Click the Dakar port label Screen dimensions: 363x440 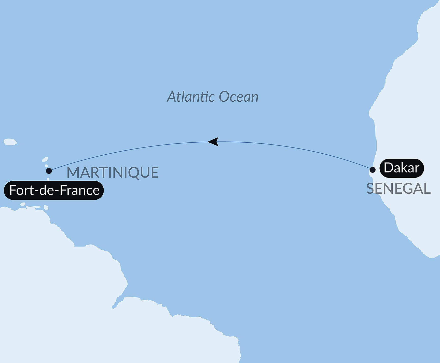pos(402,168)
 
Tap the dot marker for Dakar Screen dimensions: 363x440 pos(372,170)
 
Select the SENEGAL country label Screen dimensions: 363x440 pos(398,189)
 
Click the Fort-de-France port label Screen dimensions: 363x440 pos(54,190)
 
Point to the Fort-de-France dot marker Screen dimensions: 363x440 pos(49,171)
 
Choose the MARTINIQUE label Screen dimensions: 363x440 pos(113,172)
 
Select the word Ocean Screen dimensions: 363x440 pos(238,97)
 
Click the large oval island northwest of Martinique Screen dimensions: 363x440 pos(10,142)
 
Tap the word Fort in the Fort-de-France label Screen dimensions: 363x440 pos(18,190)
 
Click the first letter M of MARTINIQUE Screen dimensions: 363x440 pos(73,172)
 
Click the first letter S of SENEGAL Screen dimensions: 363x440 pos(370,189)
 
